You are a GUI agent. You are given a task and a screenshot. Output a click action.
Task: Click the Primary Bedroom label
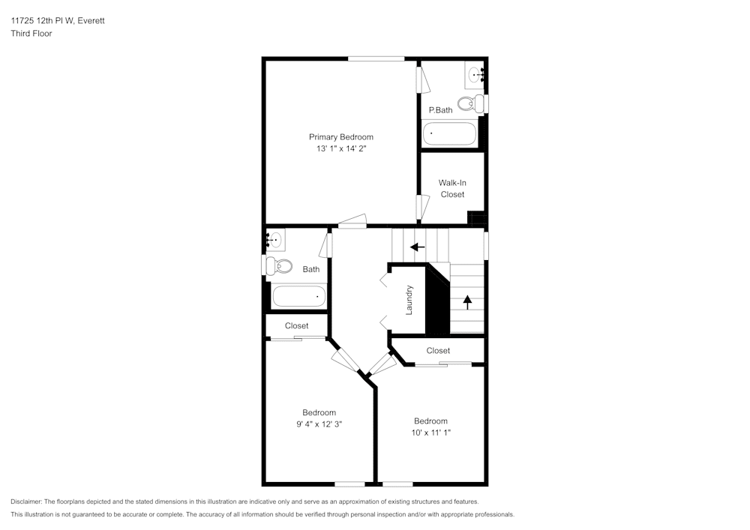coord(340,137)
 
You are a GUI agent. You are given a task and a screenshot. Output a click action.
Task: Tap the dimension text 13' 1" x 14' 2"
coord(340,149)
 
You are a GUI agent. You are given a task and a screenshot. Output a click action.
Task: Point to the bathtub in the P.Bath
coord(449,134)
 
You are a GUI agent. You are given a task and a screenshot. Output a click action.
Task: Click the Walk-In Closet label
coord(452,188)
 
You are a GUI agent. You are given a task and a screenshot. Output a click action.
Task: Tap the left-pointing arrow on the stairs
coord(417,247)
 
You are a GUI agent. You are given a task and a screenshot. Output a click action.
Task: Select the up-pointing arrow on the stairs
coord(467,301)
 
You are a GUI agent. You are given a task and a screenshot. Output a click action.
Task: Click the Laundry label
coord(409,300)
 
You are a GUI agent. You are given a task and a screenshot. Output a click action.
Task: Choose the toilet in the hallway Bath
coord(282,265)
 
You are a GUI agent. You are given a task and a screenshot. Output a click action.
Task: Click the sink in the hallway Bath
coord(274,240)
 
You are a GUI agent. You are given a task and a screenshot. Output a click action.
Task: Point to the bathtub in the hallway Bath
coord(298,296)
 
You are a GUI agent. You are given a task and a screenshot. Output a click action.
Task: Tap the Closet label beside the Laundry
coord(438,351)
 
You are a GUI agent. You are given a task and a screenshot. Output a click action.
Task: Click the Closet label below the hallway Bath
coord(296,326)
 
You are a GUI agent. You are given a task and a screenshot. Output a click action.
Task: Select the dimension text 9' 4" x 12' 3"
coord(319,424)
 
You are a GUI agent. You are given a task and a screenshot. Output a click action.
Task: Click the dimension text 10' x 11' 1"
coord(430,433)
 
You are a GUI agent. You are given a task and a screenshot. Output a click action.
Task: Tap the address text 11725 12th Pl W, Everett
coord(58,21)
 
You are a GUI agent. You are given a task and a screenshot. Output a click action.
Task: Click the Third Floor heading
coord(31,34)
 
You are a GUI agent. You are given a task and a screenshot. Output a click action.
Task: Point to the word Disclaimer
coord(27,502)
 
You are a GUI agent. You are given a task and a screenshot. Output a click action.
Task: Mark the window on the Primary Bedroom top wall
coord(376,58)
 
